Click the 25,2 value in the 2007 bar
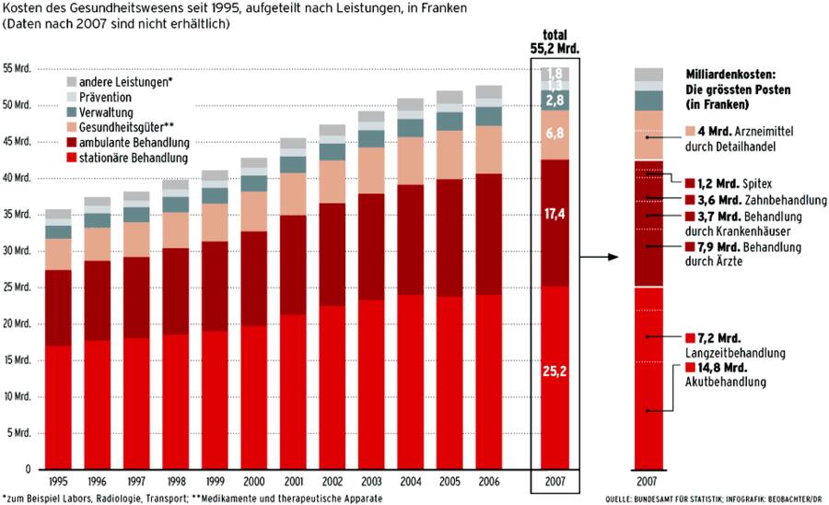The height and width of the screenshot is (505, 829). [x=555, y=375]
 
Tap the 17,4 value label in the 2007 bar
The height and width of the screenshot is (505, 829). [x=555, y=214]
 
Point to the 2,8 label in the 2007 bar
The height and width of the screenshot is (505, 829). [x=555, y=100]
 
